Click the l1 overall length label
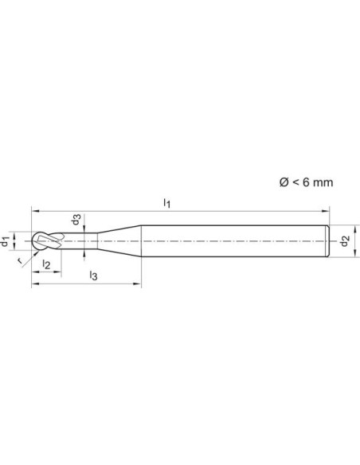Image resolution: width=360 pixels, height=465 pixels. (167, 204)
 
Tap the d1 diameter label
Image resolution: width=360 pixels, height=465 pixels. (4, 241)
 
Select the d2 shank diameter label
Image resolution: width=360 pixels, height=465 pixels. (345, 240)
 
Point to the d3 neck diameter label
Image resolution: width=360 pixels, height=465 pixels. (76, 220)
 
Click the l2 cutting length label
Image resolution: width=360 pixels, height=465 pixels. (46, 264)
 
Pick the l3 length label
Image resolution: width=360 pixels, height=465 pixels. (93, 275)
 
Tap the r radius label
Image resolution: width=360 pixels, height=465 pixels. (20, 261)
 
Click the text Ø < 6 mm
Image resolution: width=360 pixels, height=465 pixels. (306, 182)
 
